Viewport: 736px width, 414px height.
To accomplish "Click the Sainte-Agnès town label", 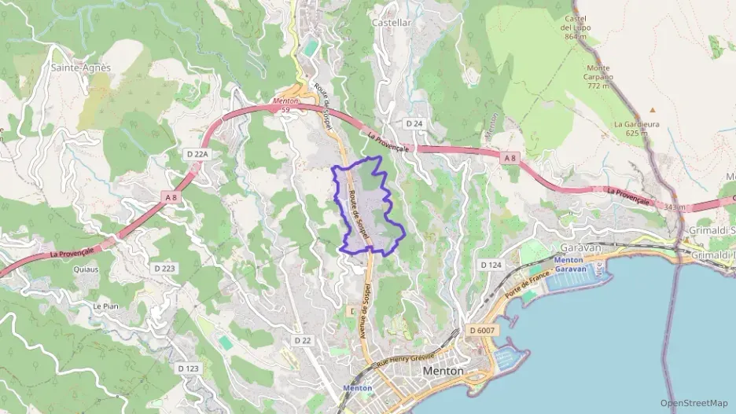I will click(x=81, y=68).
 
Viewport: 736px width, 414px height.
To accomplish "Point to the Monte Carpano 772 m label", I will click(x=598, y=76).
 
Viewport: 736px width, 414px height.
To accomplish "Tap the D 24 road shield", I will click(x=414, y=124).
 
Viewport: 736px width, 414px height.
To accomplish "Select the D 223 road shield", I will click(x=164, y=268).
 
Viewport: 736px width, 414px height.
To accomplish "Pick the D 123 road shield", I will click(x=188, y=368).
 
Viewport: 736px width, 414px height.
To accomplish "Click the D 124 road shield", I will click(x=490, y=265).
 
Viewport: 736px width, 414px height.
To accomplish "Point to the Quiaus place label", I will click(x=86, y=269).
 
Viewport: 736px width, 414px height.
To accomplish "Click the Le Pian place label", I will click(x=105, y=305).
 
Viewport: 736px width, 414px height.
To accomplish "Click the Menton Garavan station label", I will click(x=571, y=265).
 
